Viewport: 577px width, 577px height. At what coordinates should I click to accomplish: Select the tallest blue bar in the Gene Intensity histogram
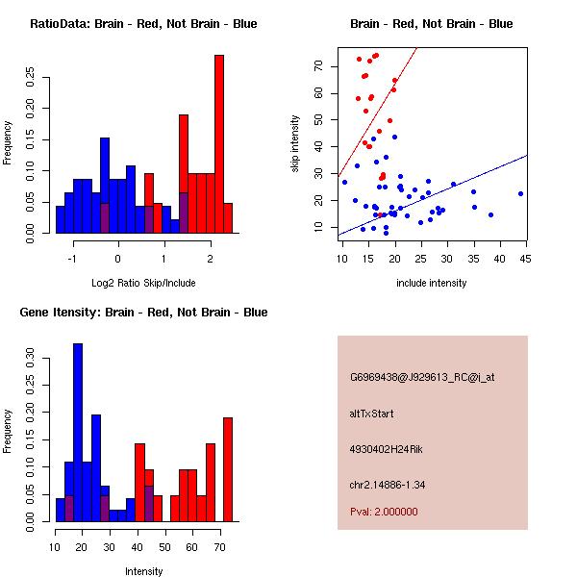[x=78, y=433]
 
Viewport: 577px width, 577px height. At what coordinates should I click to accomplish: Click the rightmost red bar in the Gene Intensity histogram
[x=228, y=469]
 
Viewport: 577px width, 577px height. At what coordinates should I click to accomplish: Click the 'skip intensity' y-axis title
[x=296, y=143]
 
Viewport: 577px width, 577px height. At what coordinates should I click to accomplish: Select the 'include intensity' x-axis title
[x=431, y=283]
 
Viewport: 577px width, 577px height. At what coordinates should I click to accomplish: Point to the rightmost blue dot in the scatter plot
[x=520, y=193]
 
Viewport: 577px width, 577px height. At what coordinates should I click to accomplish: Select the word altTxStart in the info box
[x=372, y=414]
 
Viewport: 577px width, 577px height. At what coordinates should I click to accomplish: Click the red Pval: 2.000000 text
[x=384, y=512]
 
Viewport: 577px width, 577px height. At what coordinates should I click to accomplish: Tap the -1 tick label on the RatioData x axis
[x=71, y=258]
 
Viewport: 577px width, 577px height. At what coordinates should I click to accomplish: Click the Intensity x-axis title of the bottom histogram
[x=143, y=571]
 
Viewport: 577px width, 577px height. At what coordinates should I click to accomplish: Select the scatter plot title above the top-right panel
[x=431, y=23]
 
